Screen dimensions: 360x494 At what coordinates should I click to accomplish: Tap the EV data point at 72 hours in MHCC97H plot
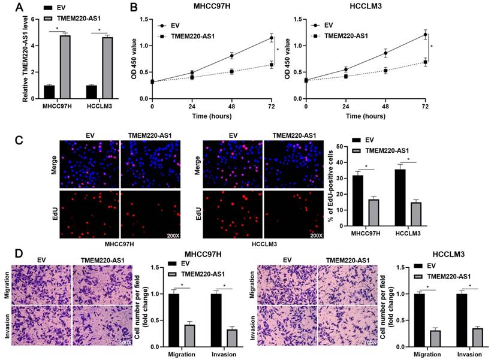pos(272,38)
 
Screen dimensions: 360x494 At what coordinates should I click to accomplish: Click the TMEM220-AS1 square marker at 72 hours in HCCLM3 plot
pos(425,62)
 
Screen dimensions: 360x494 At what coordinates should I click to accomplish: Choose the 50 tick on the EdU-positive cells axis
pos(339,146)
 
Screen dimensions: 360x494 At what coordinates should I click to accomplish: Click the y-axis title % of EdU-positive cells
pos(330,186)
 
